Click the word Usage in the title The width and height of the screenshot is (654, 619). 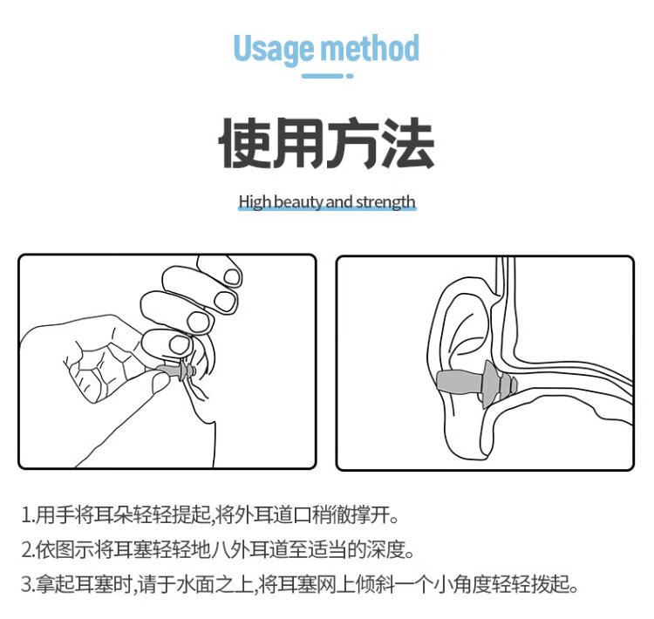coord(273,50)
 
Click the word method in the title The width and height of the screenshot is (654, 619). coord(370,48)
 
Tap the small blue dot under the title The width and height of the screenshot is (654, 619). coord(350,76)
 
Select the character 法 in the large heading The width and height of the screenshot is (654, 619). coord(409,143)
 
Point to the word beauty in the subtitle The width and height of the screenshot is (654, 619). coord(298,202)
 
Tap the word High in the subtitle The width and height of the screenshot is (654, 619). coord(255,202)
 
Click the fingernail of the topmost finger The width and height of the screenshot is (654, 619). coord(232,277)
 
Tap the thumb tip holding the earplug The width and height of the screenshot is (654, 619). coord(160,382)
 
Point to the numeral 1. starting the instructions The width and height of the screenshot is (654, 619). coord(28,515)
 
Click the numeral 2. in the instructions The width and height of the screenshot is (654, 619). coord(28,550)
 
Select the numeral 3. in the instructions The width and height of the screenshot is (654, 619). coord(28,584)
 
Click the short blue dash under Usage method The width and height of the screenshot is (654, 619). coord(323,76)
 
